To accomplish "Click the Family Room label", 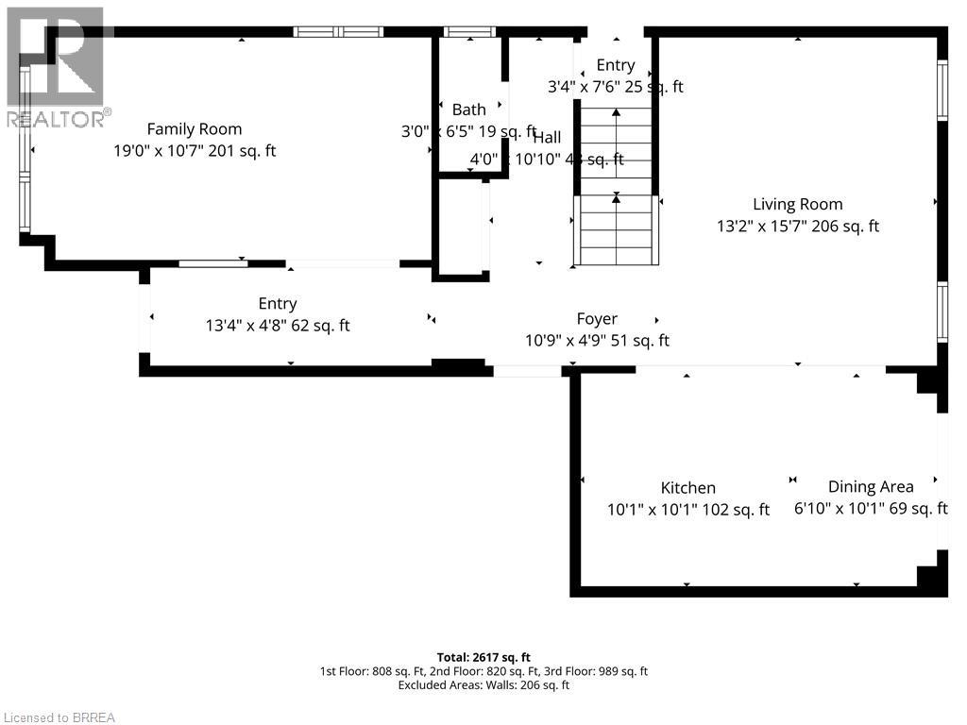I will tap(194, 129).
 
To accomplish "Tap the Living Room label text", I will tap(797, 204).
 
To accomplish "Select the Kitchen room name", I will tap(687, 487).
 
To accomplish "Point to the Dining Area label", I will tap(870, 486).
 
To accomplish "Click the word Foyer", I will tap(597, 319).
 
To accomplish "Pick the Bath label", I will tap(468, 110).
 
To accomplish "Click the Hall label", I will tap(547, 138).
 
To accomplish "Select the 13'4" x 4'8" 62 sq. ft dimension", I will tap(278, 326).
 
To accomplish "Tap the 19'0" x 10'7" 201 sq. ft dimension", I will tap(194, 151).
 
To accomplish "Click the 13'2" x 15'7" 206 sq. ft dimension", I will tap(797, 227).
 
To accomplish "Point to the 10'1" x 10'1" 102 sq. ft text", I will tap(687, 510).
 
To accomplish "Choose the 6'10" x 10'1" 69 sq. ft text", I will tap(870, 509).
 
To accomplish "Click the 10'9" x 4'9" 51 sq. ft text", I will tap(597, 341).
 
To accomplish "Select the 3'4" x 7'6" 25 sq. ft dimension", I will tap(616, 87).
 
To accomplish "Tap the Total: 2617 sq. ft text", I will tap(483, 657).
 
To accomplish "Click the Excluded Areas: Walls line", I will tap(483, 685).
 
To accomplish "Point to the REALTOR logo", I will tap(57, 66).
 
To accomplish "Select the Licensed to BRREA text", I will tap(59, 717).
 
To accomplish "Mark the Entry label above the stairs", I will tap(616, 65).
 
